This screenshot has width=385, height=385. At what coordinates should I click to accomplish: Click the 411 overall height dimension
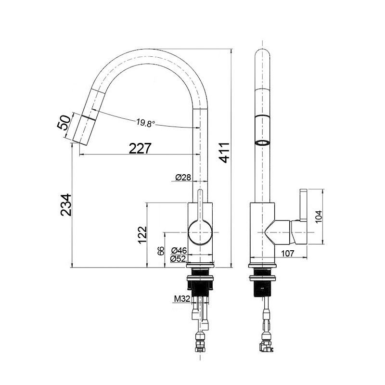[224, 153]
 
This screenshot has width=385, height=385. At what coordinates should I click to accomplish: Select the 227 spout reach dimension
[140, 148]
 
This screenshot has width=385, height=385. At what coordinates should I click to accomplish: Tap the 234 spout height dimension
[65, 205]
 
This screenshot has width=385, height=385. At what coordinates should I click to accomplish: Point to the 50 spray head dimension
[64, 122]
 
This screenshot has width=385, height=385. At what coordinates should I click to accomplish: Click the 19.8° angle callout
[146, 123]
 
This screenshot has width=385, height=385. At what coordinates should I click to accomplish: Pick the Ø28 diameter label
[183, 177]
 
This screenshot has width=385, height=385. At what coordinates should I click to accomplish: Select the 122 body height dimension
[142, 235]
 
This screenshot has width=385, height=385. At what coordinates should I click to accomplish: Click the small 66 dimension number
[161, 251]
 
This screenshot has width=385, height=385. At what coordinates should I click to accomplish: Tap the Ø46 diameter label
[179, 250]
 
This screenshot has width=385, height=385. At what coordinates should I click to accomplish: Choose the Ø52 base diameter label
[178, 258]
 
